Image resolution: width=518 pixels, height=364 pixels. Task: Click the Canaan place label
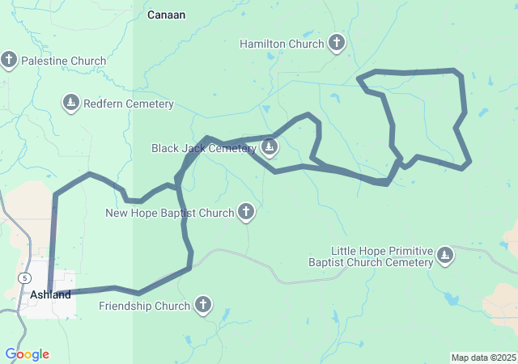click(x=167, y=15)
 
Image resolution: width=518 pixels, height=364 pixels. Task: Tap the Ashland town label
click(x=50, y=295)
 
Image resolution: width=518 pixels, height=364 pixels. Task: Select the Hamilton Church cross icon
click(x=337, y=44)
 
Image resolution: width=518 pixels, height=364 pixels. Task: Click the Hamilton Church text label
click(x=282, y=44)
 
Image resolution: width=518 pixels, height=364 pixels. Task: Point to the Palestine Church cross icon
click(x=10, y=61)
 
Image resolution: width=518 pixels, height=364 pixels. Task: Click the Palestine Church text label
click(x=63, y=61)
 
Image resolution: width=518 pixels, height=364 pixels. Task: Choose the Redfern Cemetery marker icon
click(x=71, y=104)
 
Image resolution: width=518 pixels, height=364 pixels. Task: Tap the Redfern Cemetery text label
click(x=128, y=104)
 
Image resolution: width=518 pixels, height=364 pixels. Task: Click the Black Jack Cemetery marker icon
click(x=270, y=148)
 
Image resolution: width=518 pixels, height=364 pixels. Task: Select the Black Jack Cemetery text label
click(x=203, y=148)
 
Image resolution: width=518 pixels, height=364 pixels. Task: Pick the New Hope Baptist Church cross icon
click(x=246, y=214)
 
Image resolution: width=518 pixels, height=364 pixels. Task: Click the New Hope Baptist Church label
click(x=170, y=214)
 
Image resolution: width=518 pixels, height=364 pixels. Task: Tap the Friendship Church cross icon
click(x=202, y=306)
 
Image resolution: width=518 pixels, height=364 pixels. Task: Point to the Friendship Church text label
click(x=145, y=306)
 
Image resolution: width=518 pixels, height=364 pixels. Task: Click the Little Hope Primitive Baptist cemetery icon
click(x=444, y=256)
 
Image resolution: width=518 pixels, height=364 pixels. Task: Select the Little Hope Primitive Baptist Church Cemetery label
click(x=371, y=256)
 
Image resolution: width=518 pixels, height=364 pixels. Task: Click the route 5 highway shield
click(x=26, y=277)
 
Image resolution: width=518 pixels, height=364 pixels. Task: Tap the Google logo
click(x=27, y=354)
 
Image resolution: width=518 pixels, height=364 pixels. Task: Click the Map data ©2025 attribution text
click(x=483, y=358)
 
